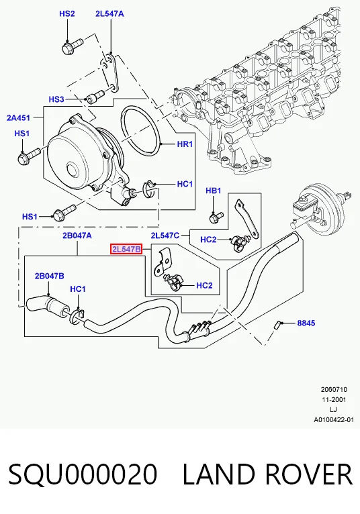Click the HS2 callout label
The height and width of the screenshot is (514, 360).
[67, 13]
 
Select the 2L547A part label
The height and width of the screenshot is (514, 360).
[109, 13]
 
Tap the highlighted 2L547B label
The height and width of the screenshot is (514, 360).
[126, 250]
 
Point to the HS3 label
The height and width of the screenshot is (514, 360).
[56, 99]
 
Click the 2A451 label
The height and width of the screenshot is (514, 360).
[18, 117]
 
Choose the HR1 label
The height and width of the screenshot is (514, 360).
[185, 144]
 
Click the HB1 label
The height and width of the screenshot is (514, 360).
[214, 191]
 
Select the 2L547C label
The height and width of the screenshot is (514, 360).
[165, 236]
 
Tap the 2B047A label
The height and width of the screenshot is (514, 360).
[77, 236]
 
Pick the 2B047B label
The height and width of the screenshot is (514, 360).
[50, 276]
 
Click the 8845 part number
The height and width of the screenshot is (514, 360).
[306, 323]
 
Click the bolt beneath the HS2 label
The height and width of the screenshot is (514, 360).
[72, 46]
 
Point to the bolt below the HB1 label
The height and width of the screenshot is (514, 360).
[216, 217]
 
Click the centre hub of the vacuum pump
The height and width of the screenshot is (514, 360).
[73, 170]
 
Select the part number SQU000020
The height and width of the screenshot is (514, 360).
[83, 474]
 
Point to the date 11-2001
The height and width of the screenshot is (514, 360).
[334, 400]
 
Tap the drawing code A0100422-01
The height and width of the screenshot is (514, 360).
[334, 419]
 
